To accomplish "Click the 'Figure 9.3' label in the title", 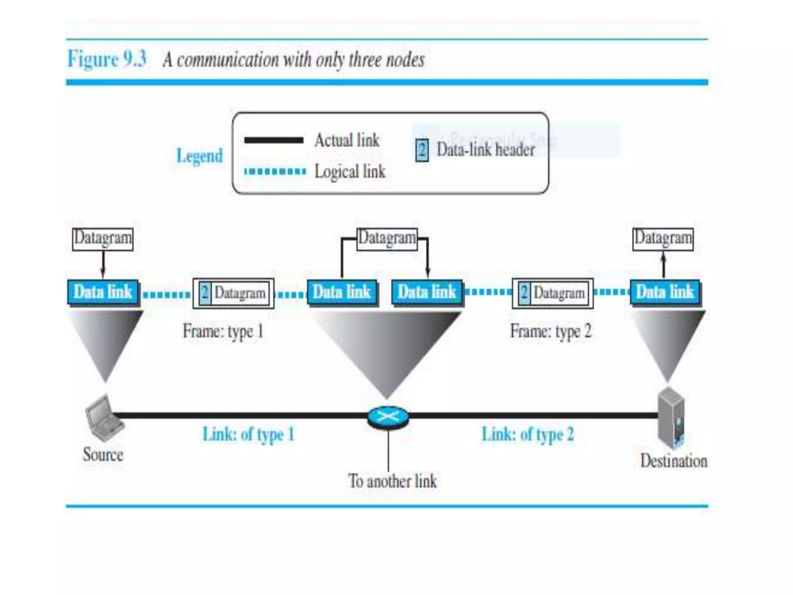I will click(107, 59).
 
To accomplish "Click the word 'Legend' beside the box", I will click(199, 156).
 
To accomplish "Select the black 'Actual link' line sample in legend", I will click(274, 140).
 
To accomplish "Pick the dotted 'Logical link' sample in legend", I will click(275, 171).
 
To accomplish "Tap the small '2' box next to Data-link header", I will click(422, 150).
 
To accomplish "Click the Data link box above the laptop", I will click(103, 292).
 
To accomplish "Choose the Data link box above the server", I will click(665, 292).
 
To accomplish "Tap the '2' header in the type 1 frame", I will click(205, 293).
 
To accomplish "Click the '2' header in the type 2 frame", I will click(524, 293).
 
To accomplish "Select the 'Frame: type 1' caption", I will click(223, 332).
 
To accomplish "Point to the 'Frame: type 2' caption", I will click(551, 332).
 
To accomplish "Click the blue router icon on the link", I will click(388, 417).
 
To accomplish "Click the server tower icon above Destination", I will click(671, 418).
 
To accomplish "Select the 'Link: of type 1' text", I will click(249, 434).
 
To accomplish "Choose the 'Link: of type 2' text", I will click(527, 434).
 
